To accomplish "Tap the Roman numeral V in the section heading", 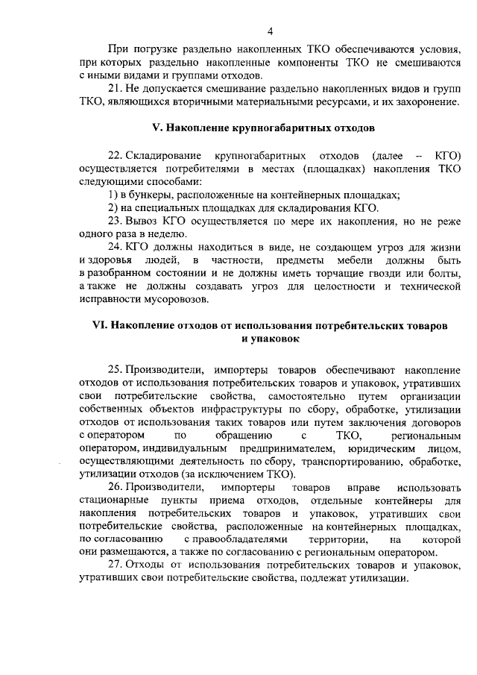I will (157, 128).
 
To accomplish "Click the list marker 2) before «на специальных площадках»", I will (113, 207).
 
